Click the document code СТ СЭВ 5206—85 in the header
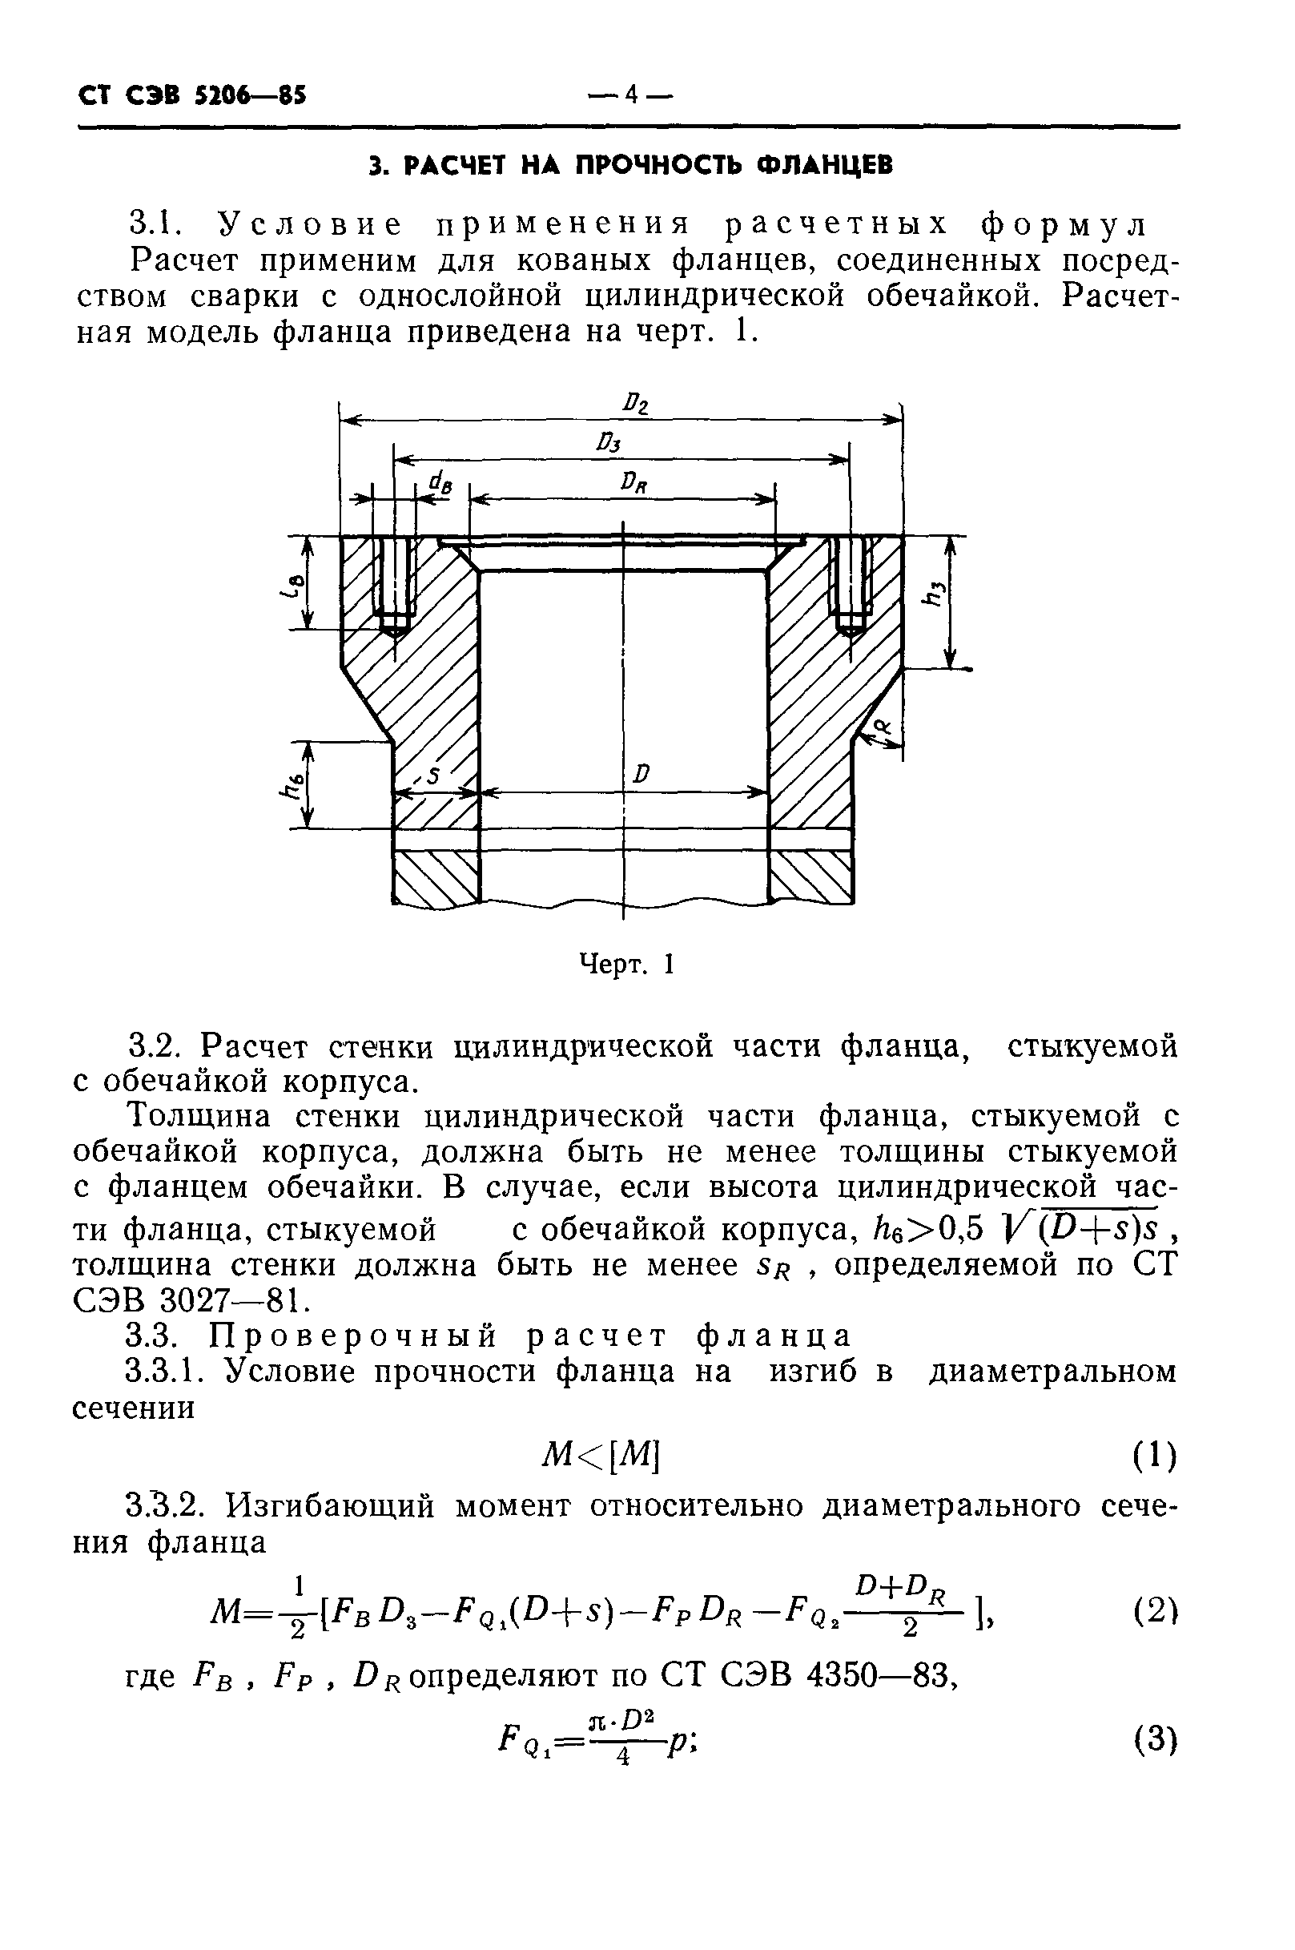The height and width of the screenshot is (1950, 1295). (191, 96)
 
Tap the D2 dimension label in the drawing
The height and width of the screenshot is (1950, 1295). (636, 405)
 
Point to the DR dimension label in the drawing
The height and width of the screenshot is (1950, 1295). (634, 482)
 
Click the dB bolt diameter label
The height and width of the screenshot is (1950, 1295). (442, 485)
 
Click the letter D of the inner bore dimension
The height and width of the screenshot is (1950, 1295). (641, 774)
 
